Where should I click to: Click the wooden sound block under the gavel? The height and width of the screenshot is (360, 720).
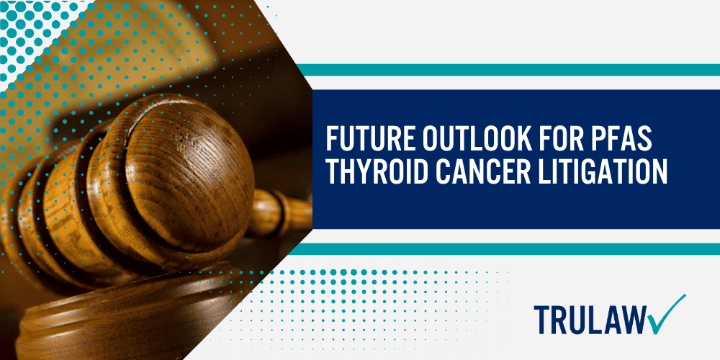pyautogui.click(x=108, y=324)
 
